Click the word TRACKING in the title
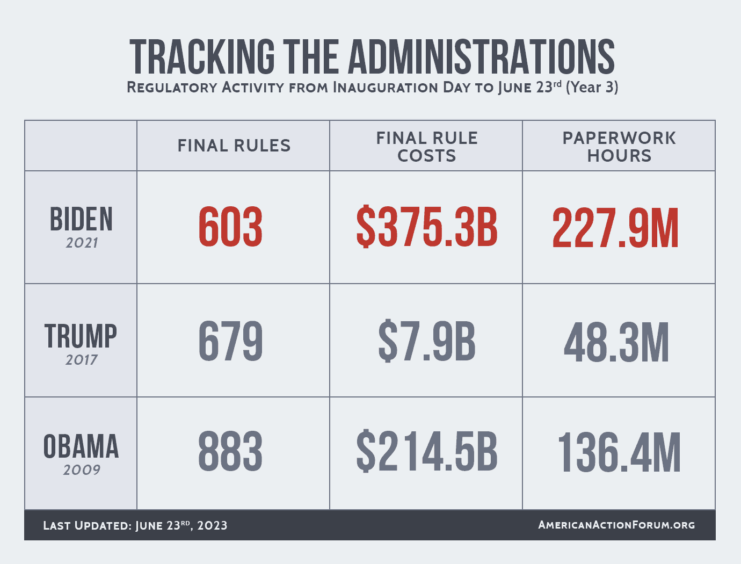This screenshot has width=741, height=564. coord(202,56)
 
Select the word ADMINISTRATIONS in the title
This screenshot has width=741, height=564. coord(482,56)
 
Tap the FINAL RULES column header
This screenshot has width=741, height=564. coord(234,146)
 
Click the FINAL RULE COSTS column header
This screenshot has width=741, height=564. coord(426,147)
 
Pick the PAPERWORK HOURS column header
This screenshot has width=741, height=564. coord(619,147)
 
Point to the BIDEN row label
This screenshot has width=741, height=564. coord(81,220)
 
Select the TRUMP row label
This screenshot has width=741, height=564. coord(81,336)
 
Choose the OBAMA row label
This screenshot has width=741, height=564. coord(81,447)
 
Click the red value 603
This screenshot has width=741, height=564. coord(230,228)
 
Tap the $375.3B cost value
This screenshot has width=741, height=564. coord(427,228)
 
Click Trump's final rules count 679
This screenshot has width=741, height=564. coord(230,342)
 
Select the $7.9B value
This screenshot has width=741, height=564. coord(427,342)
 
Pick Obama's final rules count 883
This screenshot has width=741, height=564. coord(230,452)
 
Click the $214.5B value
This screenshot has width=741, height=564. coord(427,452)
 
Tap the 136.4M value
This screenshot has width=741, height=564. coord(619,452)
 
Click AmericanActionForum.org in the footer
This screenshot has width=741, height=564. coord(616,525)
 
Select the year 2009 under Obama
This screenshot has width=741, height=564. coord(82,470)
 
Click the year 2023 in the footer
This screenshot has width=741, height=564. coord(212,525)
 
